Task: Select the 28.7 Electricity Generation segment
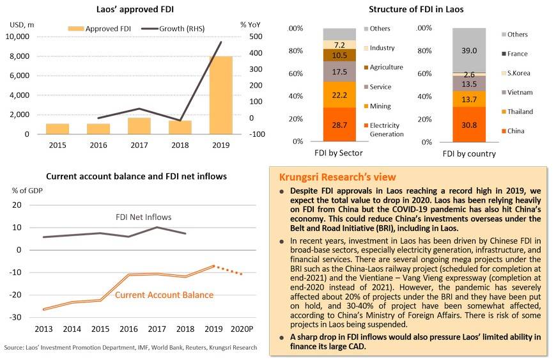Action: pyautogui.click(x=339, y=125)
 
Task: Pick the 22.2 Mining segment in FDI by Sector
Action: pyautogui.click(x=339, y=95)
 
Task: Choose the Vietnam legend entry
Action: pyautogui.click(x=520, y=93)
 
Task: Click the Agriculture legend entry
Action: pyautogui.click(x=386, y=67)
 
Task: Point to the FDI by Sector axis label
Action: pyautogui.click(x=339, y=153)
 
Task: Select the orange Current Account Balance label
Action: pyautogui.click(x=164, y=295)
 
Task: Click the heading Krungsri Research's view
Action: pyautogui.click(x=337, y=177)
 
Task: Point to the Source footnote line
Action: pyautogui.click(x=130, y=348)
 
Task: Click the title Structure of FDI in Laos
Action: pyautogui.click(x=416, y=9)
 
